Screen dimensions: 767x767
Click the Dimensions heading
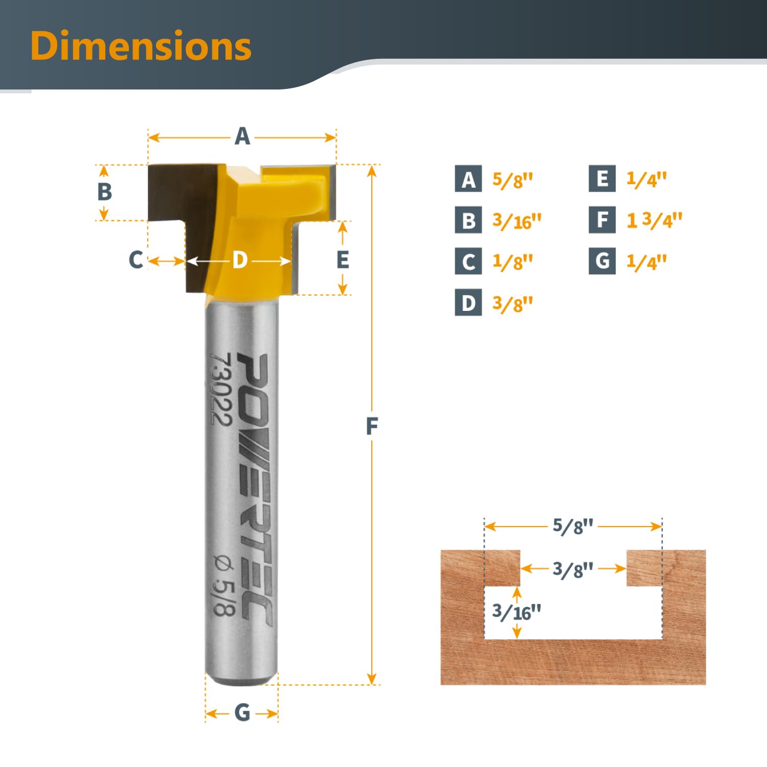[x=141, y=46]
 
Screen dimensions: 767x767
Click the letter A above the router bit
[x=242, y=137]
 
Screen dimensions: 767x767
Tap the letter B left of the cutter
[x=105, y=192]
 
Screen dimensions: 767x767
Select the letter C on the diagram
[x=136, y=260]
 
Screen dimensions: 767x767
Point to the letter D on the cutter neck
[x=240, y=260]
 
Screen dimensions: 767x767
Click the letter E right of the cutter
[x=343, y=260]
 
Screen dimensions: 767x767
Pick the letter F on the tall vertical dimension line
[x=372, y=426]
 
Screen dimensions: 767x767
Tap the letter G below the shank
[x=242, y=712]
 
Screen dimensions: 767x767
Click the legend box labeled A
[x=468, y=179]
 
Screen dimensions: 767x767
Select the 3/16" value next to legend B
[x=516, y=221]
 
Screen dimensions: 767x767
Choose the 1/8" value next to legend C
[x=512, y=262]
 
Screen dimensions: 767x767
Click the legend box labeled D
[x=468, y=303]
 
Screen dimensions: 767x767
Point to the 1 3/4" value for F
[x=654, y=220]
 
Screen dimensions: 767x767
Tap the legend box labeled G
[x=602, y=261]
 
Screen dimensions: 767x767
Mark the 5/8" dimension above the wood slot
[x=573, y=526]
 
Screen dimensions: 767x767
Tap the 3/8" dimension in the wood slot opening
[x=573, y=569]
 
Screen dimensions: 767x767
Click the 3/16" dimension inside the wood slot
[x=516, y=612]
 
